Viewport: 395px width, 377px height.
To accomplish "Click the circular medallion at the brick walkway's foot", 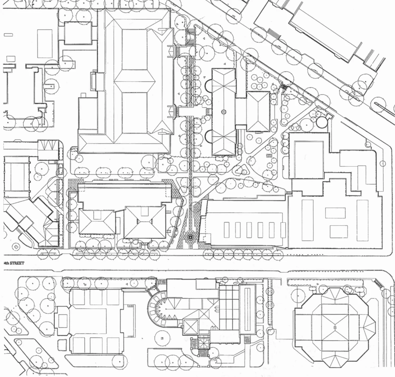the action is [x=190, y=237].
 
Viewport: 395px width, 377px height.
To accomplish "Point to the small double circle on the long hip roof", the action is [x=224, y=112].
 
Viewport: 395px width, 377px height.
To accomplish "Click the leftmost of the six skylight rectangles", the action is [x=226, y=230].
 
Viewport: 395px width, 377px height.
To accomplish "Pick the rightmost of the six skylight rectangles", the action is [x=283, y=230].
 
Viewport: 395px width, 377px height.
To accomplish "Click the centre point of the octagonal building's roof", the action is [x=335, y=327].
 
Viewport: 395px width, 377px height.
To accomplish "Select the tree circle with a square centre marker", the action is [x=162, y=338].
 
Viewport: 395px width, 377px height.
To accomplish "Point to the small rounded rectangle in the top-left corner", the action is [x=8, y=35].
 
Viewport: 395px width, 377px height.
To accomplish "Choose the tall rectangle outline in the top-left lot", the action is [x=45, y=44].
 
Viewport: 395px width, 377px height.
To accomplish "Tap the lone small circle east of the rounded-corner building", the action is [x=383, y=164].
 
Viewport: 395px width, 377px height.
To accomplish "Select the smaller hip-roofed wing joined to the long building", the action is [x=258, y=112].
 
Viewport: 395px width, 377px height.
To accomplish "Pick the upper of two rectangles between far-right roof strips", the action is [x=335, y=213].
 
